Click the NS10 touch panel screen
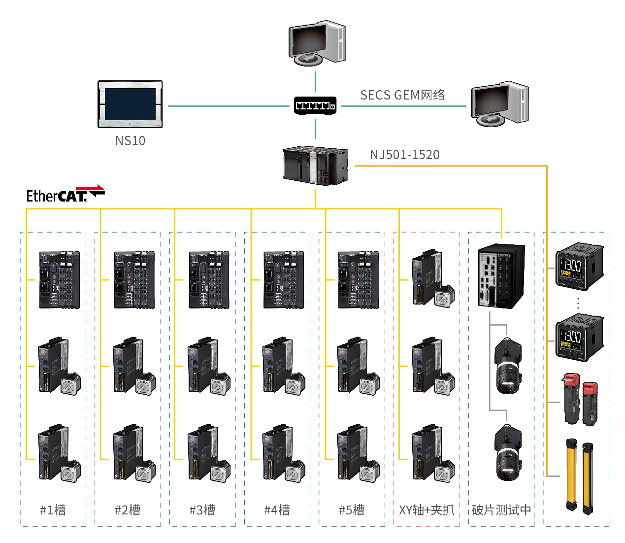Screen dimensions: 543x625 coord(130,104)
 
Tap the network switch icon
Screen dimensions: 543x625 coord(315,105)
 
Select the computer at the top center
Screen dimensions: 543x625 coord(316,43)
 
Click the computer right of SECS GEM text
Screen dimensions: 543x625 coord(499,104)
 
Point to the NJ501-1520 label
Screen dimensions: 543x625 coord(404,155)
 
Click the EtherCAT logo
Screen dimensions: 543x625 coord(65,194)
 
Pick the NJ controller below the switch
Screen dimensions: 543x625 coord(315,166)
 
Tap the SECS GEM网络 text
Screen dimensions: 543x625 coord(402,95)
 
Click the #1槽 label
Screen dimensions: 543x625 coord(53,510)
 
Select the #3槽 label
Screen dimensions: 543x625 coord(202,510)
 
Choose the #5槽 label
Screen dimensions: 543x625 coord(352,510)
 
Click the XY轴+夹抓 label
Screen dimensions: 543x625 coord(427,510)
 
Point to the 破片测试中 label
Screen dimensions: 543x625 coord(501,510)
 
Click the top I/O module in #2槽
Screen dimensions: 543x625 coord(134,280)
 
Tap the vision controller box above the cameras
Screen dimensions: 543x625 coord(501,276)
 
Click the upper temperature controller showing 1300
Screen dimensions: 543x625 coord(579,267)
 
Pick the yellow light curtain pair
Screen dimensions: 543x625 coord(579,476)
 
